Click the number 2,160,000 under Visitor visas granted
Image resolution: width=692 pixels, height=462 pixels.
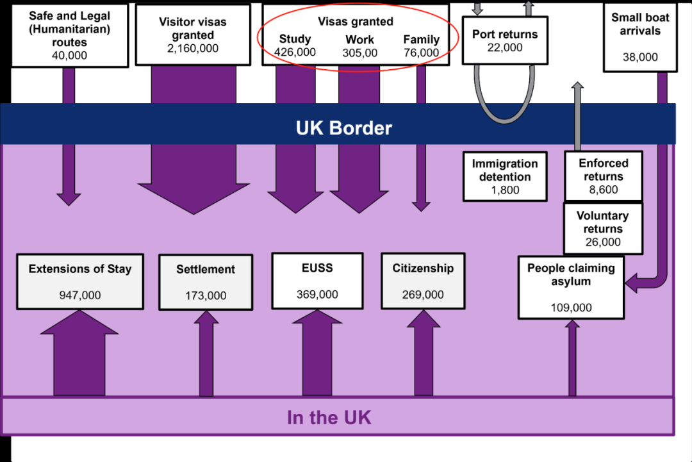point(193,49)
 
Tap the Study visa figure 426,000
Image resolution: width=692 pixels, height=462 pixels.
point(295,53)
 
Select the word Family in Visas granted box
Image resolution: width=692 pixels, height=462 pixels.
point(422,39)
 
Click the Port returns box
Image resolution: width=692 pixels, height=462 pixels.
point(505,40)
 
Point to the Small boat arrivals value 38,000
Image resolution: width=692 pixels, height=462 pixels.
point(640,57)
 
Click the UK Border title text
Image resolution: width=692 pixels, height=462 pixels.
point(344,128)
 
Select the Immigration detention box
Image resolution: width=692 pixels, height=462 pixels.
point(505,176)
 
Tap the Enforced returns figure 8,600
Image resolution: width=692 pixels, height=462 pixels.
point(604,190)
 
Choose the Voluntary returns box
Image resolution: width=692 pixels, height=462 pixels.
point(603,229)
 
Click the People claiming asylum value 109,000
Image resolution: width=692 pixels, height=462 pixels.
point(571,308)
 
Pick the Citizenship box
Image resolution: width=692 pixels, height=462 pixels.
point(423,281)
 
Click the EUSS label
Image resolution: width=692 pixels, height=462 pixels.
point(317,268)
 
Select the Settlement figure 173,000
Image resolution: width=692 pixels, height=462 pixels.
point(206,295)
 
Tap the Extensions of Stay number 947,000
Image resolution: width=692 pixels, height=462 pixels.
point(80,295)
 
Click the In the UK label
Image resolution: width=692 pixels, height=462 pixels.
point(329,417)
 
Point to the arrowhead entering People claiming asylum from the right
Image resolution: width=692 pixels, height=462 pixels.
point(632,283)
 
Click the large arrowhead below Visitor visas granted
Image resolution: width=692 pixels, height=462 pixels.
point(194,199)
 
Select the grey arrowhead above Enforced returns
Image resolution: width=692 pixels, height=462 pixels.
point(577,86)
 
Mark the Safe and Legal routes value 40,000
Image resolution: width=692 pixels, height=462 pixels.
point(69,56)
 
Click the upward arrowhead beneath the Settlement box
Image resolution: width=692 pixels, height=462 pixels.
point(206,317)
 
